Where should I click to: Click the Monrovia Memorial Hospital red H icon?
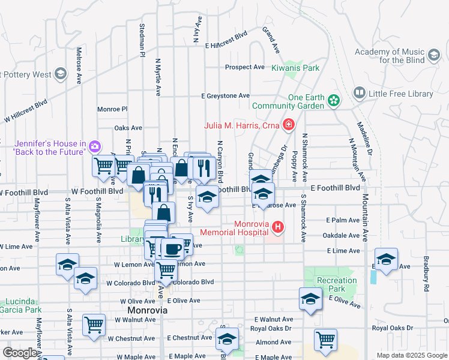pos(277,227)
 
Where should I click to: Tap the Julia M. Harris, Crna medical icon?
pos(289,125)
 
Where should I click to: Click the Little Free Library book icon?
pos(359,93)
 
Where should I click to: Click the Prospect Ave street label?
pos(245,67)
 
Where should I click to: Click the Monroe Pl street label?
pos(113,109)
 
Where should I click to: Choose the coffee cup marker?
pos(172,248)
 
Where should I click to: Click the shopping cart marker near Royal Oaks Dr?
pos(325,339)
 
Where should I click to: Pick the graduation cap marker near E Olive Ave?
pos(310,299)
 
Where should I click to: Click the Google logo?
pos(20,353)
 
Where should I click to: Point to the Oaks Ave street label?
pos(128,128)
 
